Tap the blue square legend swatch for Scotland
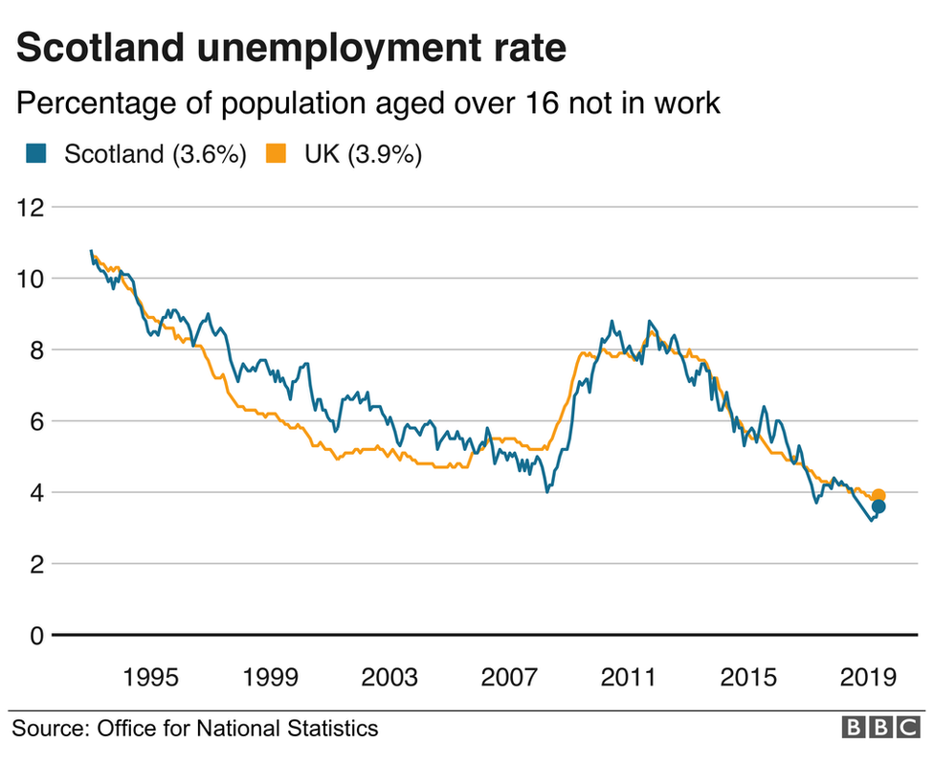35,153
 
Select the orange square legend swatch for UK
277,153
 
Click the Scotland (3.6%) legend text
156,154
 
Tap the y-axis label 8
37,350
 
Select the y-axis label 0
37,636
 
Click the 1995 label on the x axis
150,678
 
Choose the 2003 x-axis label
389,678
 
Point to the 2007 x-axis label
509,678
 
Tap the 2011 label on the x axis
629,678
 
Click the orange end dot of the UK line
878,495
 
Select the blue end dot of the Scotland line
878,507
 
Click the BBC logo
880,729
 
